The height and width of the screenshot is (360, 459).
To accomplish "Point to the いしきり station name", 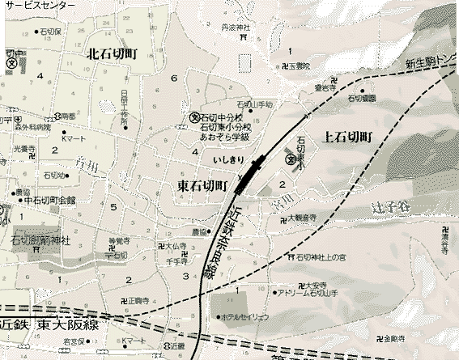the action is pyautogui.click(x=227, y=160).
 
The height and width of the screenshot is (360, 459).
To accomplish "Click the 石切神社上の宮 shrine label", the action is pyautogui.click(x=324, y=257).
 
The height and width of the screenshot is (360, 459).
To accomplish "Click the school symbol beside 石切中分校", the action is pyautogui.click(x=194, y=117).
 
